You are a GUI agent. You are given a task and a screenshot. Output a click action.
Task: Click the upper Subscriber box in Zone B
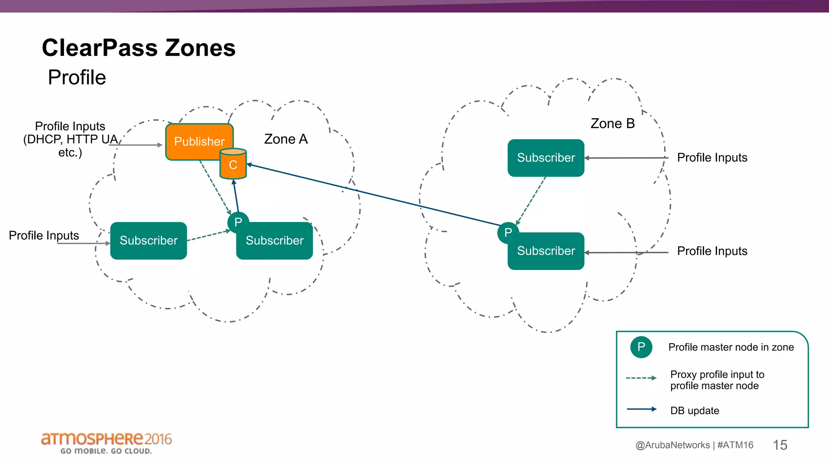(546, 158)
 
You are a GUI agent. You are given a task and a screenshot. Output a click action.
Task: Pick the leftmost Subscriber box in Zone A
(148, 241)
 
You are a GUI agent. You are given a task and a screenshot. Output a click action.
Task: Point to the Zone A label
(286, 139)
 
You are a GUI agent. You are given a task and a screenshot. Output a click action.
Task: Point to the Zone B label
(612, 123)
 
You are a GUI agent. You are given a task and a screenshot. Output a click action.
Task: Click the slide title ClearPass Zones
(138, 48)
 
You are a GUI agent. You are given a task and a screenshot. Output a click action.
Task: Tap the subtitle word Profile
(77, 77)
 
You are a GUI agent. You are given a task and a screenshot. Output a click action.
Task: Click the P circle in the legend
(641, 347)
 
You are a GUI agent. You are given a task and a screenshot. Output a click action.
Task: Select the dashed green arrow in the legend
(641, 378)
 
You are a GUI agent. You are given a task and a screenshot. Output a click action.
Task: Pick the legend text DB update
(695, 411)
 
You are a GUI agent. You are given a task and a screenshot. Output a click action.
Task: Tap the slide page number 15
(780, 445)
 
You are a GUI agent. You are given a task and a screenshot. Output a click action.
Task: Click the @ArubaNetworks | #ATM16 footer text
(694, 445)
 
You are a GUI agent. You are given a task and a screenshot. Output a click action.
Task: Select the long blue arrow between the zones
(372, 195)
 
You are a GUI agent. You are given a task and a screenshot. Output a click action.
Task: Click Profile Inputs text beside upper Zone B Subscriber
(712, 157)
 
